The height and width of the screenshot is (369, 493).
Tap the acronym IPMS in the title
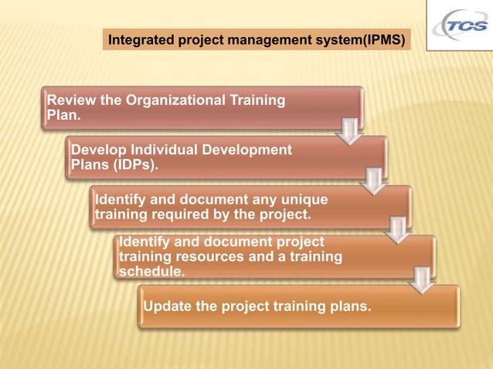[380, 38]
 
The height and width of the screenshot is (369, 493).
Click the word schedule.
[151, 271]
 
